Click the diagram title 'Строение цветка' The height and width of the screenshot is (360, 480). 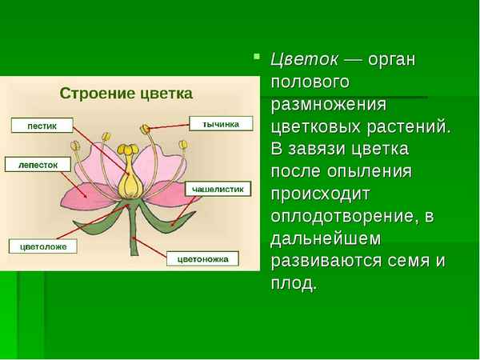[126, 94]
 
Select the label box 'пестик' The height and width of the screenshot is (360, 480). [42, 125]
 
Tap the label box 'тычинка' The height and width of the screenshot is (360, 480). [221, 124]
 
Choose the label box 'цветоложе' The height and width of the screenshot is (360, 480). [43, 246]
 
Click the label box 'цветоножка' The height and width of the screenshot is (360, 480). [202, 258]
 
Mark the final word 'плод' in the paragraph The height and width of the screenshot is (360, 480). [294, 282]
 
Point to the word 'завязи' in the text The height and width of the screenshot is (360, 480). [320, 150]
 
